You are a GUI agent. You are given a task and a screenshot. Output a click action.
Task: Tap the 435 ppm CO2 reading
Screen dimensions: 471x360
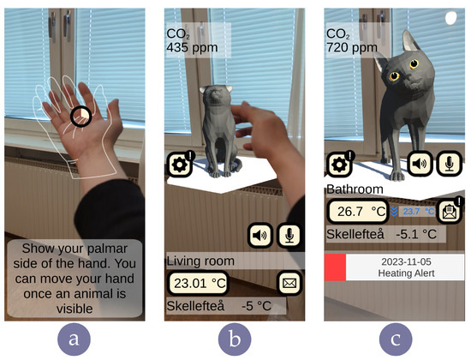[x=192, y=47]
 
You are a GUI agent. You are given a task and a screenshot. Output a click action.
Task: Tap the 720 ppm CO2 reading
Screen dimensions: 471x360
[x=352, y=47]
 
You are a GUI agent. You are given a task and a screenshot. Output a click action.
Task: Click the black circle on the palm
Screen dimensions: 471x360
[x=81, y=117]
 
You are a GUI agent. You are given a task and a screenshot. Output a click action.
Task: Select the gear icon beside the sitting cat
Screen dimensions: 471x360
[x=180, y=165]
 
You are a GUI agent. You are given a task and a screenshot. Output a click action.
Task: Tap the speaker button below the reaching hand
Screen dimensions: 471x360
[x=260, y=235]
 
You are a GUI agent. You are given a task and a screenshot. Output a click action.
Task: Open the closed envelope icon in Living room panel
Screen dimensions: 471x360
[x=289, y=283]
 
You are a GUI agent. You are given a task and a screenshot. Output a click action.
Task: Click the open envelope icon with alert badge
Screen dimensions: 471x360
[x=450, y=211]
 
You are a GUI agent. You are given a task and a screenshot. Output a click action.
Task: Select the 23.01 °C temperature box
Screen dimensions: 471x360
[x=198, y=283]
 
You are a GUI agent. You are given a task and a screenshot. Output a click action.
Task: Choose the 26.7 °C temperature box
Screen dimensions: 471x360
[x=358, y=212]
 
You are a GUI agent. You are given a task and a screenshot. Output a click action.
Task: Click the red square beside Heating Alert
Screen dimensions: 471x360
[x=335, y=267]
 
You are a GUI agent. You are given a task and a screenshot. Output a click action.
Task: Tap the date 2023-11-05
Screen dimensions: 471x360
[x=406, y=261]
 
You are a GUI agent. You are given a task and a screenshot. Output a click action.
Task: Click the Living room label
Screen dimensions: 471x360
[x=200, y=261]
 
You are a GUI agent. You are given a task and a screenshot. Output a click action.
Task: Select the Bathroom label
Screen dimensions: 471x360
[x=355, y=189]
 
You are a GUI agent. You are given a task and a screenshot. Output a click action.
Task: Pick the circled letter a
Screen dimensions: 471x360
[x=74, y=339]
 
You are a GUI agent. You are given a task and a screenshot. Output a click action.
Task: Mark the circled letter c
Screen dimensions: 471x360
[x=396, y=339]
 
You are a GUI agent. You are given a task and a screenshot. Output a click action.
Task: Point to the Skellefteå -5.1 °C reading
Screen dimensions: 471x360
[x=381, y=234]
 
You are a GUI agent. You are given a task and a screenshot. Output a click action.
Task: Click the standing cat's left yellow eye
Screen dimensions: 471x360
[x=395, y=75]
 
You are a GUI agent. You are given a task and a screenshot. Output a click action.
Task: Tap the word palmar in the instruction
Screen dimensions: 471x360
[x=106, y=249]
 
